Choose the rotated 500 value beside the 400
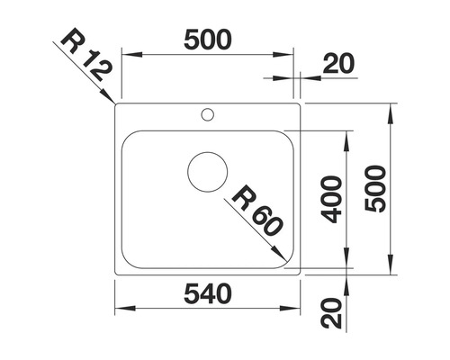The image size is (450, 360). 377,189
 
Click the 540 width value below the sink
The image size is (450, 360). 208,293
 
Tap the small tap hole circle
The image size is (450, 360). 208,114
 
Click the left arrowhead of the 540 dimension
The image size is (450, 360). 121,309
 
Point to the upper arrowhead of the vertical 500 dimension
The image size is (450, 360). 392,112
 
